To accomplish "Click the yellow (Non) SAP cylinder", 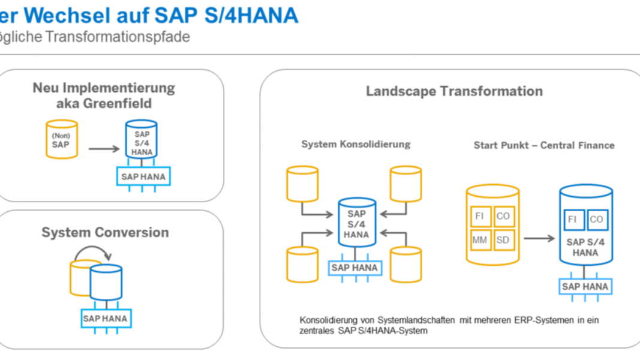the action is tap(62, 139).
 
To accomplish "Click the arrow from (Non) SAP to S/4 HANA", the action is tap(104, 149).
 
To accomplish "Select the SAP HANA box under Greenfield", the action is tap(143, 176).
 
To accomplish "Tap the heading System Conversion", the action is tap(106, 232).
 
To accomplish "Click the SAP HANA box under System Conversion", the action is tap(106, 319).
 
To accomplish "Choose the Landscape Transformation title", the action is tap(454, 91).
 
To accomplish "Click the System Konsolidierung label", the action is tap(356, 144).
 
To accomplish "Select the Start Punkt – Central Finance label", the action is tap(544, 145).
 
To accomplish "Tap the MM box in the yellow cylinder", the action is tap(480, 240).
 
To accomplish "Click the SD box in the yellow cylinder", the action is tap(503, 240).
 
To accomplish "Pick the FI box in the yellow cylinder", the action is tap(480, 217).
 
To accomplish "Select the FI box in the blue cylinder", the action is tap(573, 220).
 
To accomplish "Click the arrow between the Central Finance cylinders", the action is tap(539, 238).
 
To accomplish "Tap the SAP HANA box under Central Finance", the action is tap(585, 287).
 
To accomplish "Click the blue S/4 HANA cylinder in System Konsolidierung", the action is tap(357, 223).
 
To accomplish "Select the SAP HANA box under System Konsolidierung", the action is tap(355, 268).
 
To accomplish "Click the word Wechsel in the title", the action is tap(67, 16).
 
